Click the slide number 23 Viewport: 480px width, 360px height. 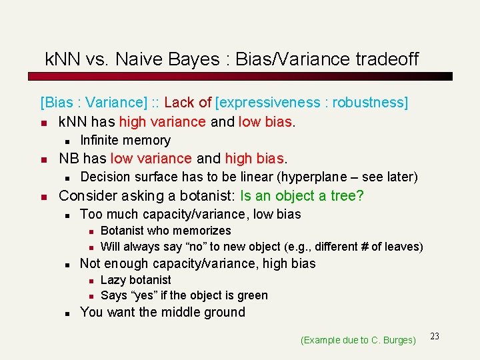(435, 336)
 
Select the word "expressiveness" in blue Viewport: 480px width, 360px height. (269, 103)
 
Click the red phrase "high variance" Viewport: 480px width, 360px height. (162, 122)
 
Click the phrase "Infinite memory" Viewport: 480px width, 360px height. (125, 141)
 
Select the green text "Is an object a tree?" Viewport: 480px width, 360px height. (302, 196)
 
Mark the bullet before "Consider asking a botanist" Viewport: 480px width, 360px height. (44, 197)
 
